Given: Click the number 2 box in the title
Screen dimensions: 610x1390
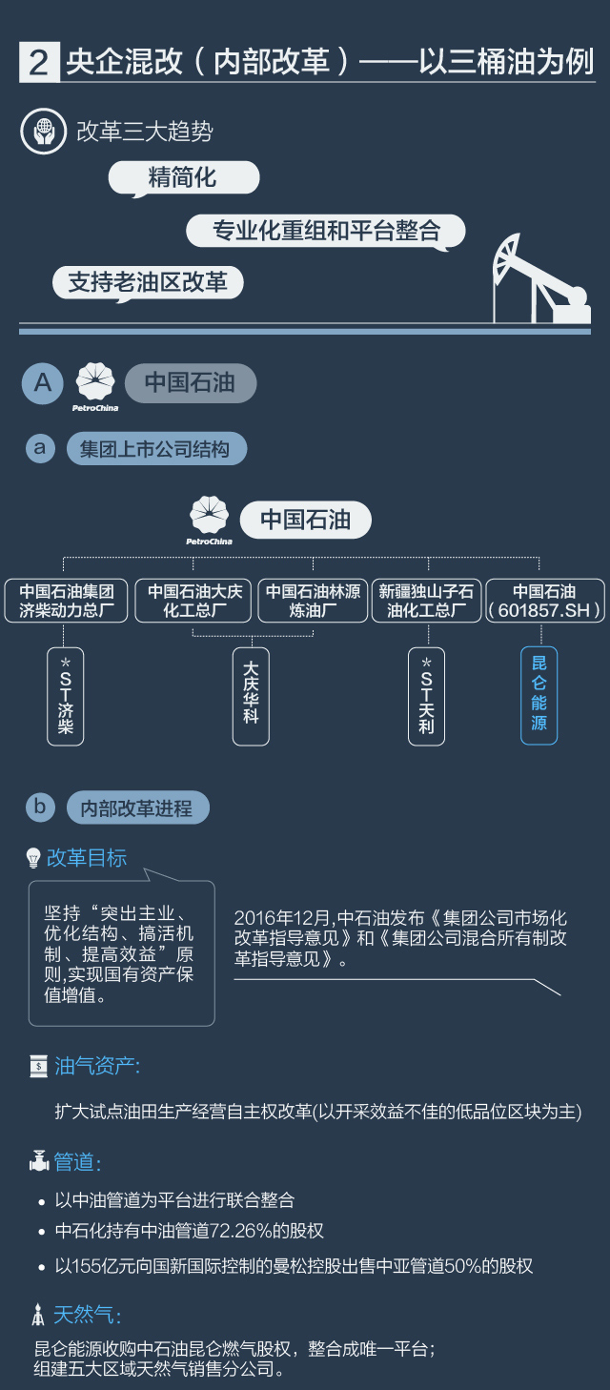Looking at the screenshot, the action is [39, 63].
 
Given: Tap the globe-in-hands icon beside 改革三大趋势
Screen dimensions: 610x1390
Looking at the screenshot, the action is [43, 132].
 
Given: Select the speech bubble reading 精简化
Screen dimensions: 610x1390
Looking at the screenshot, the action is [183, 177].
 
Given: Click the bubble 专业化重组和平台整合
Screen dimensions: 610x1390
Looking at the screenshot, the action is [326, 231].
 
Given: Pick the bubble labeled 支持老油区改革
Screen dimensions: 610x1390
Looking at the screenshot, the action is [148, 283].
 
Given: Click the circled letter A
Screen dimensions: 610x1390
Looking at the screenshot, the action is [43, 382].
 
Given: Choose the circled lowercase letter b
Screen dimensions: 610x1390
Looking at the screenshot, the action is [40, 807].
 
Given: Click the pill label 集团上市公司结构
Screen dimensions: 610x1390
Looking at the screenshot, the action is [155, 449].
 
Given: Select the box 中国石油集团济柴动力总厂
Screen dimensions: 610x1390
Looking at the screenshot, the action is [67, 601].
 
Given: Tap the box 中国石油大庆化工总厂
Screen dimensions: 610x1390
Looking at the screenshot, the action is [194, 601].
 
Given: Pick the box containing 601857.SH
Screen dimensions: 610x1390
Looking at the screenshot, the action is [544, 601].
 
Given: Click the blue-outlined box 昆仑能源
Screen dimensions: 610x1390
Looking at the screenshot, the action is [539, 695].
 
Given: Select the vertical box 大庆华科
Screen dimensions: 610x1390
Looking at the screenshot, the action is [251, 695].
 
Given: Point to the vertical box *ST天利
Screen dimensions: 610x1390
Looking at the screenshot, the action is [426, 695].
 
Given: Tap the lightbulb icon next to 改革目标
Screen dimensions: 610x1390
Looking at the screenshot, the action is [34, 858].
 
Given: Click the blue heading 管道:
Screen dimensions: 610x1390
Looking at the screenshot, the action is [76, 1162].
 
